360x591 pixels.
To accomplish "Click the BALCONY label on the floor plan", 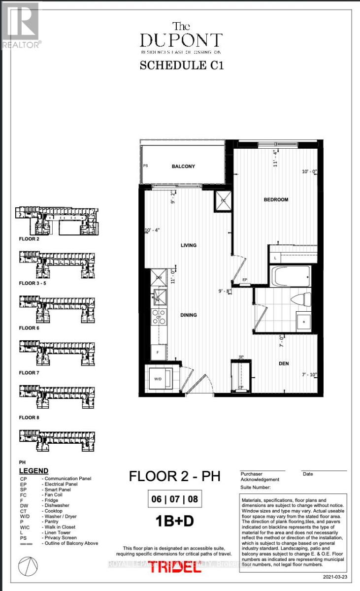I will click(183, 166).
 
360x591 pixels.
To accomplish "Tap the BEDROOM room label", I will click(276, 199).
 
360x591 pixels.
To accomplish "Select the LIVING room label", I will click(189, 245).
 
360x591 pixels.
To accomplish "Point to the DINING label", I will click(189, 315).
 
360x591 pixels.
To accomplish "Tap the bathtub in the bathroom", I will click(291, 276).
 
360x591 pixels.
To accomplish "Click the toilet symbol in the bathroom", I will click(301, 298).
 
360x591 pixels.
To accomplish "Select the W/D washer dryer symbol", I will click(158, 379).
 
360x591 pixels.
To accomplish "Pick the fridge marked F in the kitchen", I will click(158, 353).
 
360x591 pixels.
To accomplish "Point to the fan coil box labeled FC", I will click(222, 200).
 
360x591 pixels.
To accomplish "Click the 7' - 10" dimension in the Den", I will click(310, 376).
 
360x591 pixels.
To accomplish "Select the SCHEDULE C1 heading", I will click(182, 65).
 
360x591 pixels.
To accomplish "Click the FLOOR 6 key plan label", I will click(30, 328).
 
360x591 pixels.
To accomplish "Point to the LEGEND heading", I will click(33, 471).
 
